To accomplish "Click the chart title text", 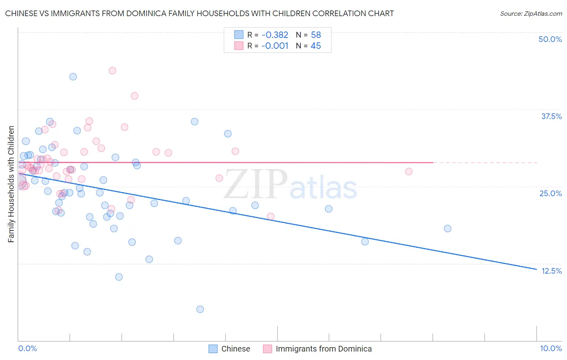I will pos(199,13).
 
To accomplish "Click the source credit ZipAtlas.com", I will pos(531,13).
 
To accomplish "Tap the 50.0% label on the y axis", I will pos(550,39).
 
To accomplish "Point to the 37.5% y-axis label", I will pos(551,116).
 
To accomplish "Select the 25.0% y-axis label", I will pos(550,193).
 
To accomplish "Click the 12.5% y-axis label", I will pos(551,271).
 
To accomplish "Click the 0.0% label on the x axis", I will pos(27,348).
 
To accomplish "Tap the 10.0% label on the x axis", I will pos(550,348).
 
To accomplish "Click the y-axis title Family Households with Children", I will pos(11,184).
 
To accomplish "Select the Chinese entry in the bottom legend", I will pos(236,349).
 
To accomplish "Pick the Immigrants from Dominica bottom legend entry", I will pos(323,349).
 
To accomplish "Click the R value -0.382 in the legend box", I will pos(275,35).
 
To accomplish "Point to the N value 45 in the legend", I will pos(316,46).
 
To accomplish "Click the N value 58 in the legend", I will pos(316,35).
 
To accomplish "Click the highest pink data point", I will pos(113,71).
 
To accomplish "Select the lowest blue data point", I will pos(200,309).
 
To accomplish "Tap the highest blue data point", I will pos(73,77).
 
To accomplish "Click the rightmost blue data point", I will pos(448,228).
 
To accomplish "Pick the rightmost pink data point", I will pos(409,172).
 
